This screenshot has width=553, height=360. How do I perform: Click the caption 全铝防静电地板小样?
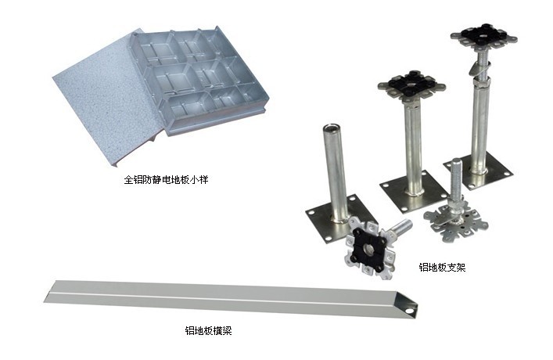(x=166, y=180)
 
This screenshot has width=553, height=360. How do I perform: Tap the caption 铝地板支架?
(x=442, y=267)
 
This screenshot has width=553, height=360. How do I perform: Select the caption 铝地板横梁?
(x=208, y=330)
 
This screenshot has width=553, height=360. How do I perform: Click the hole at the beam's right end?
(x=409, y=311)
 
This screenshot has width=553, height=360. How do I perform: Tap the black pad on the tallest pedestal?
(x=483, y=34)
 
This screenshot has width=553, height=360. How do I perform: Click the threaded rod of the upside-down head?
(x=454, y=181)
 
